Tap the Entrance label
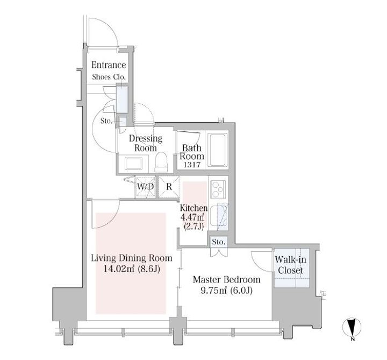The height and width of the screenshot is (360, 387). click(x=109, y=65)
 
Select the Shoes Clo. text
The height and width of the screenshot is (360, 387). click(x=109, y=77)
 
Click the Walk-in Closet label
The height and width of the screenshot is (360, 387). click(x=290, y=265)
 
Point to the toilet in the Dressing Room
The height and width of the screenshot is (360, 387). click(x=161, y=162)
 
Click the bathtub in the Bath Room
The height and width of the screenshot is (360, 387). click(x=218, y=150)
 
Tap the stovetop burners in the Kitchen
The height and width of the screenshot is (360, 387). click(x=218, y=189)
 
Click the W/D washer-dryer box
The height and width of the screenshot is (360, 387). click(x=145, y=187)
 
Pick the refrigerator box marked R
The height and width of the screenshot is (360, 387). click(x=169, y=187)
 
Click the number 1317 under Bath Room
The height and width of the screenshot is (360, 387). click(x=192, y=165)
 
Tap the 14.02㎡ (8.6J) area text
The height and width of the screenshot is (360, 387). click(x=132, y=269)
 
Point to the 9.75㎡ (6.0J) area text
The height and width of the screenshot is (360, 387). click(x=226, y=291)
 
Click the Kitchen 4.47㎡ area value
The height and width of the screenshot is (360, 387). click(x=192, y=217)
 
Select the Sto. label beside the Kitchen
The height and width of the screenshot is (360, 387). click(x=218, y=242)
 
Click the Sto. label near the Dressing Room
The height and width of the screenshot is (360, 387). click(x=106, y=121)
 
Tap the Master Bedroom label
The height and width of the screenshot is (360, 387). click(x=227, y=279)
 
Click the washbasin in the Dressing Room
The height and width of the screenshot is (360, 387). click(x=133, y=164)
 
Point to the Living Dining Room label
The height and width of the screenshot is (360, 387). click(x=132, y=258)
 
